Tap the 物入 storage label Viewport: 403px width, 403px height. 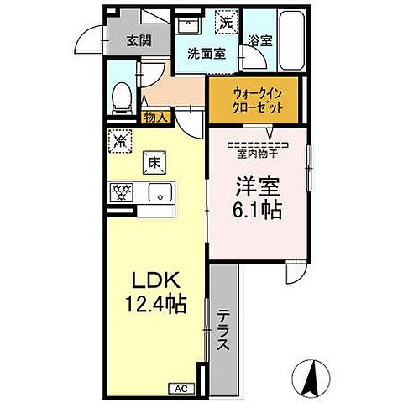click(155, 119)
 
